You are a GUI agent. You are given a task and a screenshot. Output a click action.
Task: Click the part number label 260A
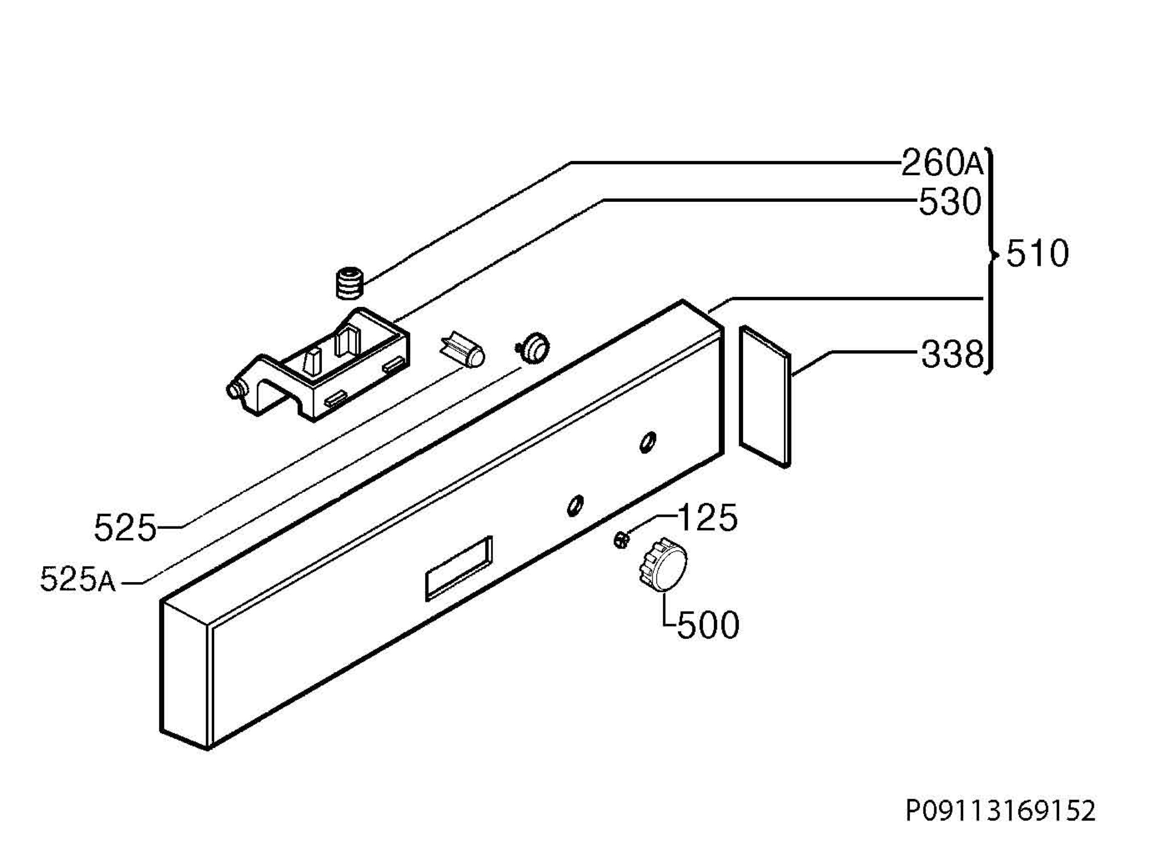942,163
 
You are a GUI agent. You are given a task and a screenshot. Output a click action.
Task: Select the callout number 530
950,202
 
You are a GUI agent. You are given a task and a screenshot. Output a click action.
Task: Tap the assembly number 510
1037,254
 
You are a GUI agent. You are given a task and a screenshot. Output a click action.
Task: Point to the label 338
952,354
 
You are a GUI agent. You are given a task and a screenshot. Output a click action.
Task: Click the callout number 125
707,518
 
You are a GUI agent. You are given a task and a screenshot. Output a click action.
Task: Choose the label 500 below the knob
709,624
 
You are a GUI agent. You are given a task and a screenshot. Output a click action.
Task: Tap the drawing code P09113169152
1001,810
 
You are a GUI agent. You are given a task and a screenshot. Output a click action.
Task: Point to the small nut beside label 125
621,539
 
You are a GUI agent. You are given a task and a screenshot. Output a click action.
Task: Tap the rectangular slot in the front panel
459,568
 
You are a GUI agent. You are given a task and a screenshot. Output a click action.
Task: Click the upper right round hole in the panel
648,441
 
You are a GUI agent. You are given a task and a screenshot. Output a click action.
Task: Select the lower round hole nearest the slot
576,505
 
